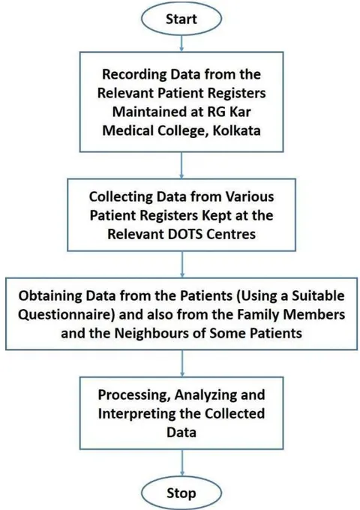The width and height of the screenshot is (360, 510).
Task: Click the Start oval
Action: point(181,18)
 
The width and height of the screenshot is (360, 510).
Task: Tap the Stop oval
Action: point(181,493)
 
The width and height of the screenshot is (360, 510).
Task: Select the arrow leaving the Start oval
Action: point(181,43)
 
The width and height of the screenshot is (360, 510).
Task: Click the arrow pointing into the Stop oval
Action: point(181,463)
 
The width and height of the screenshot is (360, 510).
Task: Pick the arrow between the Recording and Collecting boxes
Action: point(181,165)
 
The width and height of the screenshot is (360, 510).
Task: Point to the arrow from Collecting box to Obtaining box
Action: point(181,264)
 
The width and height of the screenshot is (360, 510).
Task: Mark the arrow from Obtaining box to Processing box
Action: point(181,363)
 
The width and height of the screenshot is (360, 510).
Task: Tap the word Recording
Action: point(135,75)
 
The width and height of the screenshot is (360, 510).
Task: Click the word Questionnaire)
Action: point(66,314)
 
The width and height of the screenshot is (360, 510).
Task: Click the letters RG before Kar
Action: point(216,112)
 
